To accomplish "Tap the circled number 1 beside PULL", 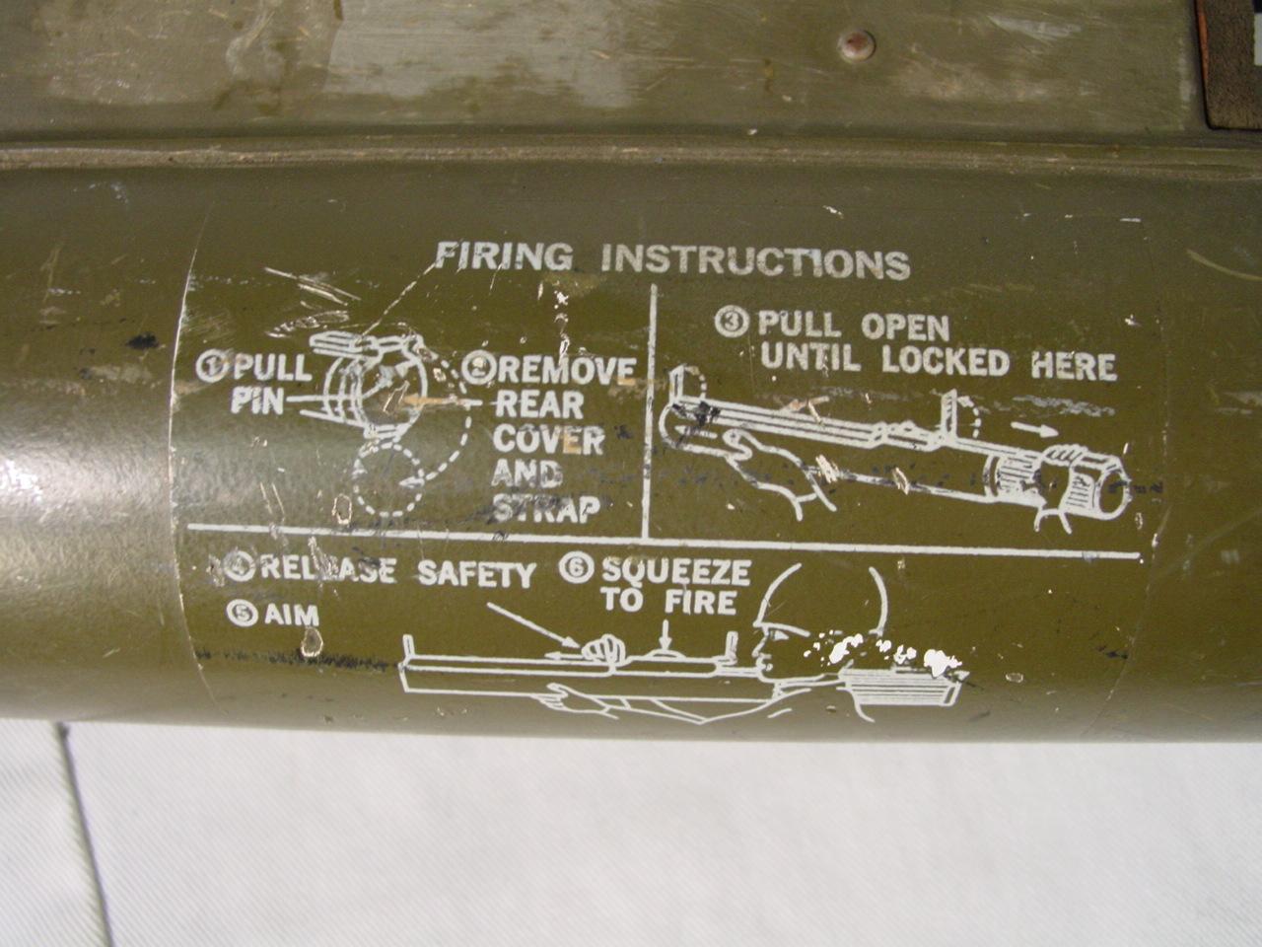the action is pyautogui.click(x=211, y=367).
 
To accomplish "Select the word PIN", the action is pyautogui.click(x=257, y=403).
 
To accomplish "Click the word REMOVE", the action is pyautogui.click(x=566, y=372).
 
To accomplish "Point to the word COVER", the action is pyautogui.click(x=548, y=440).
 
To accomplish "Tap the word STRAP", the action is pyautogui.click(x=546, y=508).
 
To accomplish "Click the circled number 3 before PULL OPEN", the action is pyautogui.click(x=732, y=322).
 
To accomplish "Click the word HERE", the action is pyautogui.click(x=1073, y=366).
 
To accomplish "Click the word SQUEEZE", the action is pyautogui.click(x=675, y=571).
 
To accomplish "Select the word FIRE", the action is pyautogui.click(x=700, y=602).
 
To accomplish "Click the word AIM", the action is pyautogui.click(x=292, y=617).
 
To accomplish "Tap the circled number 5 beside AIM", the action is pyautogui.click(x=242, y=614).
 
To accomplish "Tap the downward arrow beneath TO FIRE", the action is pyautogui.click(x=666, y=634).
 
